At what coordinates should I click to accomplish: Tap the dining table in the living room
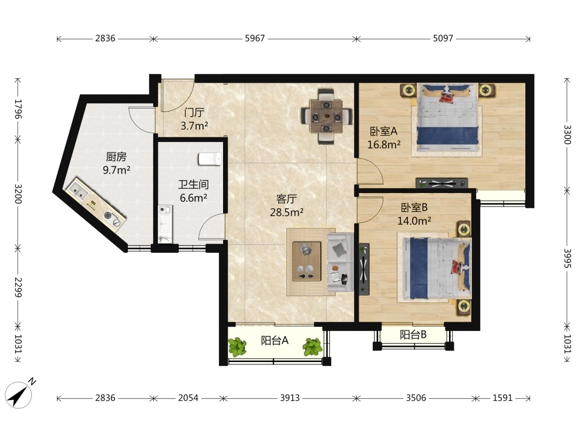tap(326, 116)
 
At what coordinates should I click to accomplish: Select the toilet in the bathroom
tap(210, 158)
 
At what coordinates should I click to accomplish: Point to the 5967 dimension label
tap(255, 38)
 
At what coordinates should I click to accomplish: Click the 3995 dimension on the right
tap(568, 258)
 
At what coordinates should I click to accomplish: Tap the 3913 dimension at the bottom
tap(290, 398)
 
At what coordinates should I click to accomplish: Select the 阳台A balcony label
tap(274, 340)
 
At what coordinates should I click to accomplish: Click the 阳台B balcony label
tap(413, 334)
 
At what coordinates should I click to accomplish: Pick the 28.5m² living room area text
tap(286, 212)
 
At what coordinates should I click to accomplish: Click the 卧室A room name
tap(383, 131)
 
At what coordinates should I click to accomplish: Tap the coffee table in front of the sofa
tap(306, 261)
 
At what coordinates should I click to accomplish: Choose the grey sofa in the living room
tap(340, 262)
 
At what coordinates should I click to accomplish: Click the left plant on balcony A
tap(238, 347)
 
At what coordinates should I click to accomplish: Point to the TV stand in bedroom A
tap(442, 183)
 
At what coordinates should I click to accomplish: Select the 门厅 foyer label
tap(194, 112)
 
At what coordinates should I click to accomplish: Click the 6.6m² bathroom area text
tap(193, 198)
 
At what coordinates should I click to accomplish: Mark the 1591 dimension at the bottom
tap(502, 398)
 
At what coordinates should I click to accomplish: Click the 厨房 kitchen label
tap(116, 157)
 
